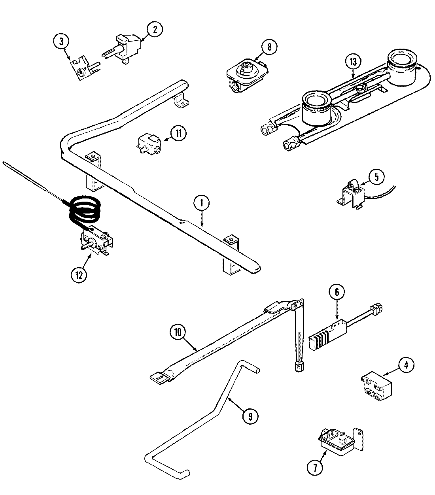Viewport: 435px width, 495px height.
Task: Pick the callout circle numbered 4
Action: (405, 364)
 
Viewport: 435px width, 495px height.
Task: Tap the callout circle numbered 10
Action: (178, 333)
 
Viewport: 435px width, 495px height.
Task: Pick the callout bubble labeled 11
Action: (178, 133)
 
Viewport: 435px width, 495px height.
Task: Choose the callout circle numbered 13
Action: (353, 62)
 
